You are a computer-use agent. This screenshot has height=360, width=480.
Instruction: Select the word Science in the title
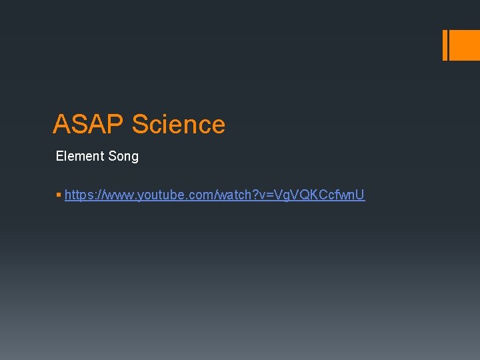(179, 125)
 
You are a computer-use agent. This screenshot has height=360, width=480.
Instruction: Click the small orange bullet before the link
(59, 195)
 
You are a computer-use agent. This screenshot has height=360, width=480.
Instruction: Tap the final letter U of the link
(360, 195)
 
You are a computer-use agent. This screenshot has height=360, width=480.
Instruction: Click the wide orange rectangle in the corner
(465, 45)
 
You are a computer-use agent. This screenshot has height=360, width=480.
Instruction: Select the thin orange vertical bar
(445, 45)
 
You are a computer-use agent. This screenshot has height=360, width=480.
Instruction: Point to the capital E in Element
(60, 157)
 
